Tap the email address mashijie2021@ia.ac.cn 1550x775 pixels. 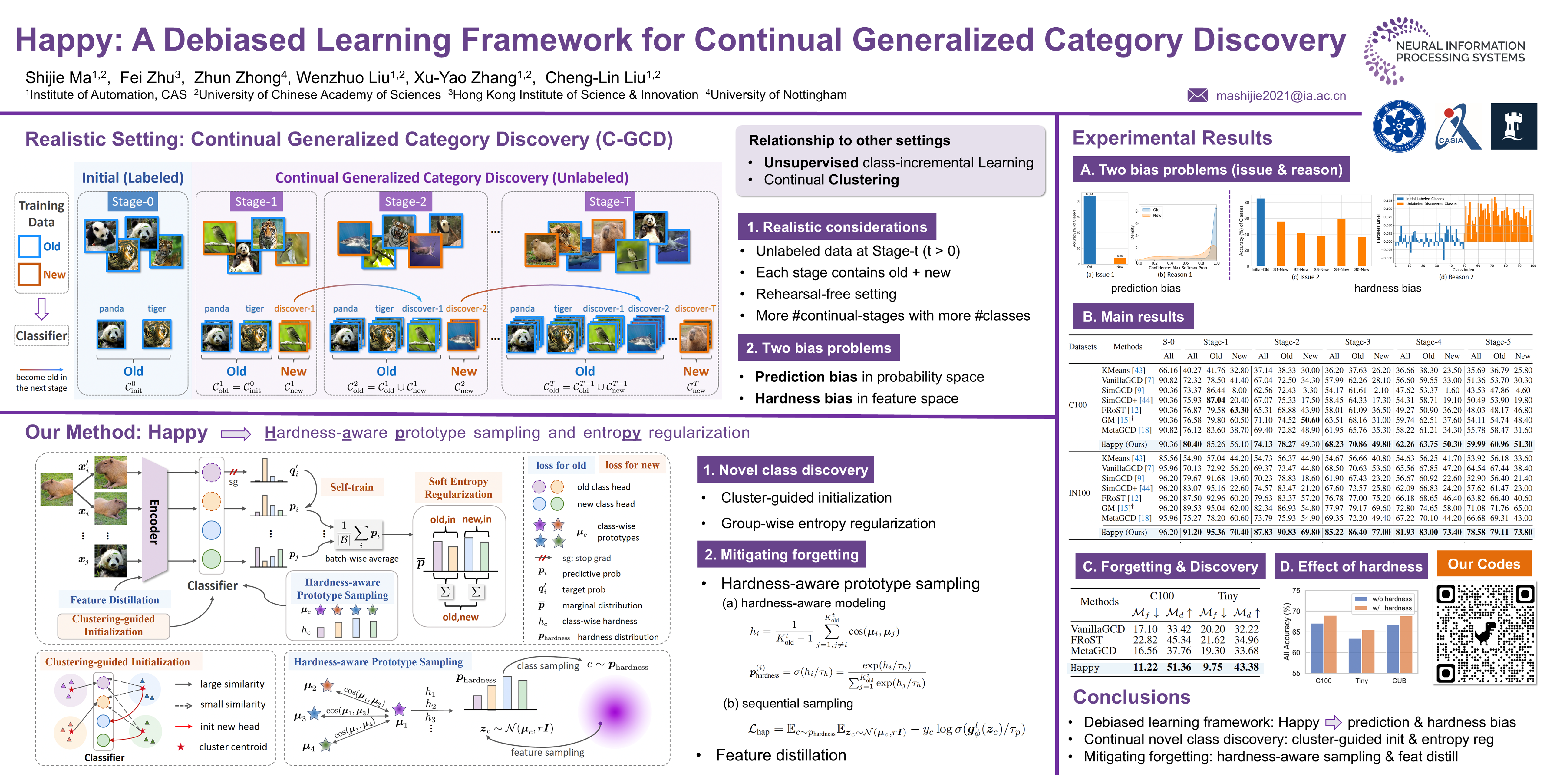pos(1281,96)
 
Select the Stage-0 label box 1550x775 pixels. pos(132,202)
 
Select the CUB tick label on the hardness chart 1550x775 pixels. pos(1399,681)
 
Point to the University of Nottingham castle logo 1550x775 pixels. pos(1513,126)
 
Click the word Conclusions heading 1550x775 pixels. pos(1131,697)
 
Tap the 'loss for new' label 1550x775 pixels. pos(632,465)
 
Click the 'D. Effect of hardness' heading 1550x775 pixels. pos(1351,566)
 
